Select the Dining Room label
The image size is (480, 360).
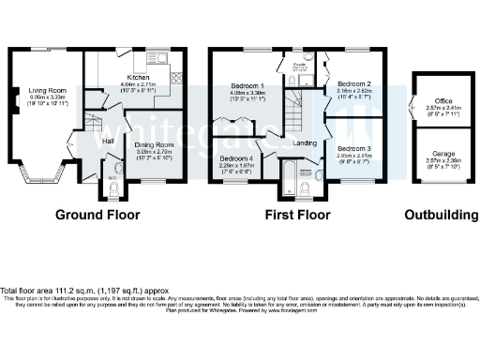(x=155, y=145)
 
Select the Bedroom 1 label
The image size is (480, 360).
(x=248, y=86)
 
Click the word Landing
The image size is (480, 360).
(x=304, y=143)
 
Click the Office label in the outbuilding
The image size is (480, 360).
(x=442, y=100)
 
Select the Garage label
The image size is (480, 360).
(x=442, y=154)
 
